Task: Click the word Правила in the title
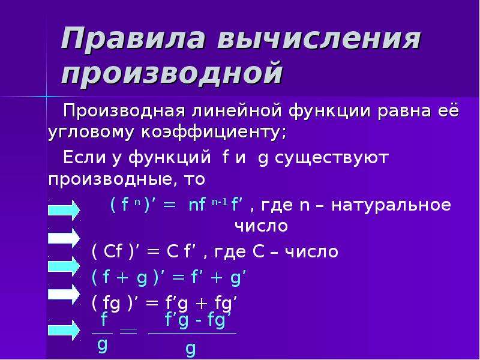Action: (133, 38)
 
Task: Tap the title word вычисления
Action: (319, 38)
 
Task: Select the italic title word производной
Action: (172, 73)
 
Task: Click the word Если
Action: (83, 157)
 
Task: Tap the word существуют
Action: (332, 158)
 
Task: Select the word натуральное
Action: (391, 205)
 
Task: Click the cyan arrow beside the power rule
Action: (64, 210)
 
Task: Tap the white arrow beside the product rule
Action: (64, 294)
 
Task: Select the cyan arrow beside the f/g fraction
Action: (64, 330)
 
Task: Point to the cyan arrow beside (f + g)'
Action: (64, 266)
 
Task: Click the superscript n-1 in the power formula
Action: (220, 202)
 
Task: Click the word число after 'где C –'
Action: (311, 251)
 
